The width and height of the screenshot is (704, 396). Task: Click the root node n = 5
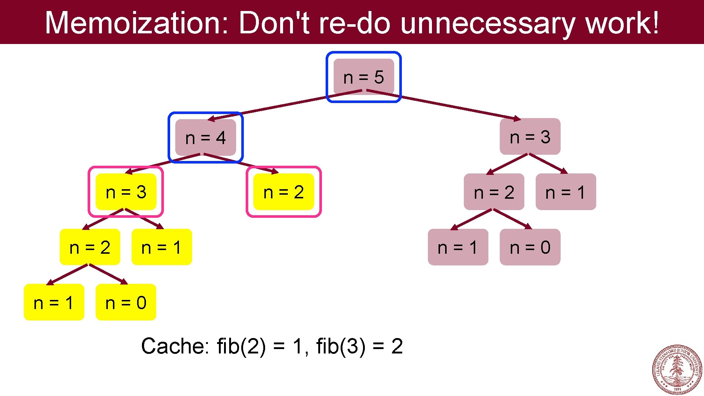[x=363, y=77]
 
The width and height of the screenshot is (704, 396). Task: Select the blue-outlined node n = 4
[x=205, y=137]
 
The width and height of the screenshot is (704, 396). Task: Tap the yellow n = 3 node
[x=126, y=192]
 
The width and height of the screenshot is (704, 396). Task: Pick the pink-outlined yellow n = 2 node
[x=283, y=192]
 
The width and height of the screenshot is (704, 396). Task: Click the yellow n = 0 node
[x=126, y=302]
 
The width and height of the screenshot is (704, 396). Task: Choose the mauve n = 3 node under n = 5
[x=530, y=137]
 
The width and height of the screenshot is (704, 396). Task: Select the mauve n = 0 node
[x=530, y=247]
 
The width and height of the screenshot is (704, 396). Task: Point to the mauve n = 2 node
[x=494, y=192]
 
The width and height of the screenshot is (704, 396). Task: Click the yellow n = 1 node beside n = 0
[x=54, y=302]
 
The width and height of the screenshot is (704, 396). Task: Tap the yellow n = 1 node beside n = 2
[x=162, y=247]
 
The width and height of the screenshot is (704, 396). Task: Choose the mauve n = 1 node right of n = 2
[x=566, y=192]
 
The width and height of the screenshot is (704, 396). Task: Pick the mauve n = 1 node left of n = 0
[x=458, y=247]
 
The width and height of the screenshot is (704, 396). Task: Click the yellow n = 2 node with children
[x=90, y=247]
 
